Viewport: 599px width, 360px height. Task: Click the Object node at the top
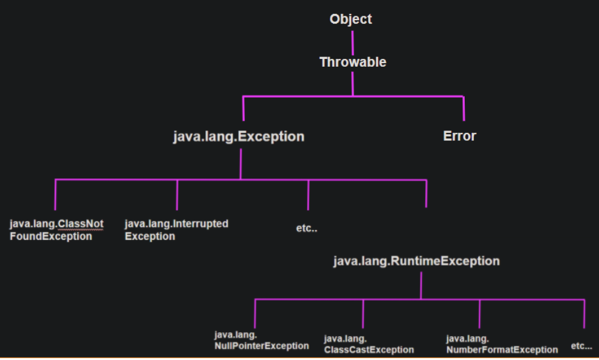(351, 19)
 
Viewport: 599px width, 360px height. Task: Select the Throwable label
(352, 62)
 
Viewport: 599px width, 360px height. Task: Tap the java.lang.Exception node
(239, 137)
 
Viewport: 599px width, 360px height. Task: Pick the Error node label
(459, 136)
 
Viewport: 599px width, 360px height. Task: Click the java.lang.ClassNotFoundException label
(56, 230)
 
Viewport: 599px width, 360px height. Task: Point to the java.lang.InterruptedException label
(176, 230)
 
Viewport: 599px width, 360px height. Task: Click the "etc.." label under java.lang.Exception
(307, 229)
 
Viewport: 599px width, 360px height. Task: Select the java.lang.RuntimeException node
(416, 261)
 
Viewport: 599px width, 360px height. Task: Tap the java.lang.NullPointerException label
(261, 341)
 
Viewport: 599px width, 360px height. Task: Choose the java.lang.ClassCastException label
(369, 344)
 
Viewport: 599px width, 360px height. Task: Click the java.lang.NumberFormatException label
(502, 344)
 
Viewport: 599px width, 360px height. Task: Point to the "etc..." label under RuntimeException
(581, 345)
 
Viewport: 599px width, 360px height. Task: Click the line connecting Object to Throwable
(352, 40)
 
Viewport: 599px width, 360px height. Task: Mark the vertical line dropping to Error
(464, 108)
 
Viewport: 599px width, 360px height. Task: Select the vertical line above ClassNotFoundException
(55, 194)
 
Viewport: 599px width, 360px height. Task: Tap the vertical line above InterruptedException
(177, 194)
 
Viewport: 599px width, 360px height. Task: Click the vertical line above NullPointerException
(255, 313)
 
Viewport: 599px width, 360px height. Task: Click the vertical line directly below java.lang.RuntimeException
(421, 285)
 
